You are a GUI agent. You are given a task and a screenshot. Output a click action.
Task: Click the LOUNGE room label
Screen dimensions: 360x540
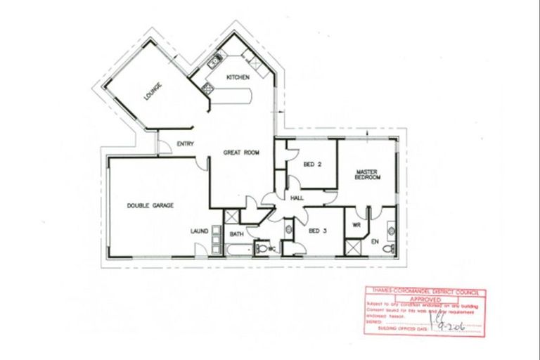tap(153, 92)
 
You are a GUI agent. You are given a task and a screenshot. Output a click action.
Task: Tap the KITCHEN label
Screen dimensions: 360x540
tap(236, 77)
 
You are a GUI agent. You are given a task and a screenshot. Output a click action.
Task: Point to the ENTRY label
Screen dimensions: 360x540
tap(186, 144)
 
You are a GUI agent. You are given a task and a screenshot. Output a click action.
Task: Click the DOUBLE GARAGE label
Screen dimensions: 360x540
tap(150, 205)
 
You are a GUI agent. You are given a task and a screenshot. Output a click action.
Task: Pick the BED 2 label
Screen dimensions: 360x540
tap(312, 165)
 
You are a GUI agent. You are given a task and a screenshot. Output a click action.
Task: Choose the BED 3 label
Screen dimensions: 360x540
tap(318, 231)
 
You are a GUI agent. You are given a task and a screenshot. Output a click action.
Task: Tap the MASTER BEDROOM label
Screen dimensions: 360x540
tap(368, 174)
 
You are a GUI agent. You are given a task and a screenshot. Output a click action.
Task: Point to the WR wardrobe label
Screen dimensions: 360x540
tap(357, 225)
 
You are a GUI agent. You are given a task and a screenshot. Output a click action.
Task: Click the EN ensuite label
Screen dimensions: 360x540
tap(375, 242)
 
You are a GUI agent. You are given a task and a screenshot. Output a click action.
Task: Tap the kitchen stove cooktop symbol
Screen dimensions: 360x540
tap(207, 89)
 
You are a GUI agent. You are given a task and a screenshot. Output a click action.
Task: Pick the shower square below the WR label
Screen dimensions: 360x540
tap(353, 247)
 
